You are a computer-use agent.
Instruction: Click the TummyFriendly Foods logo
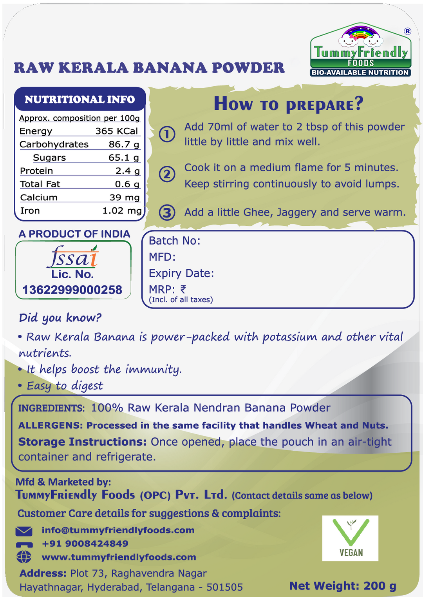[x=361, y=50]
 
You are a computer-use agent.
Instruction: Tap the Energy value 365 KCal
[x=117, y=131]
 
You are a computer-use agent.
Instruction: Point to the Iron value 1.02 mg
[x=122, y=211]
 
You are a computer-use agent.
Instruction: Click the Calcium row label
[x=39, y=198]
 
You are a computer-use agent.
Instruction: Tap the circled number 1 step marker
[x=167, y=134]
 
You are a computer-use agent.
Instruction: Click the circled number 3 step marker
[x=167, y=212]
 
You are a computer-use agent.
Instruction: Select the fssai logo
[x=73, y=257]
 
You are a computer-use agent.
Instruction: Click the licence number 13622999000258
[x=72, y=290]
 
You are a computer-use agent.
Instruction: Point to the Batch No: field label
[x=174, y=241]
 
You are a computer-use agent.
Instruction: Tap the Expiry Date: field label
[x=181, y=273]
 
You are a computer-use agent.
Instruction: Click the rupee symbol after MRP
[x=183, y=289]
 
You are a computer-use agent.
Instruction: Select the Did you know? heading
[x=60, y=317]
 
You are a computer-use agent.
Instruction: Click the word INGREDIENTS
[x=51, y=408]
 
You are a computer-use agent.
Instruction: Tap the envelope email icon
[x=24, y=531]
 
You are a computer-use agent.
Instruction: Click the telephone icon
[x=24, y=544]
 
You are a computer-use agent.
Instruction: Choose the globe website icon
[x=24, y=557]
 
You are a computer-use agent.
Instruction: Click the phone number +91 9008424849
[x=85, y=544]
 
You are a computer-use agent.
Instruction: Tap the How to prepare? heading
[x=288, y=104]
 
